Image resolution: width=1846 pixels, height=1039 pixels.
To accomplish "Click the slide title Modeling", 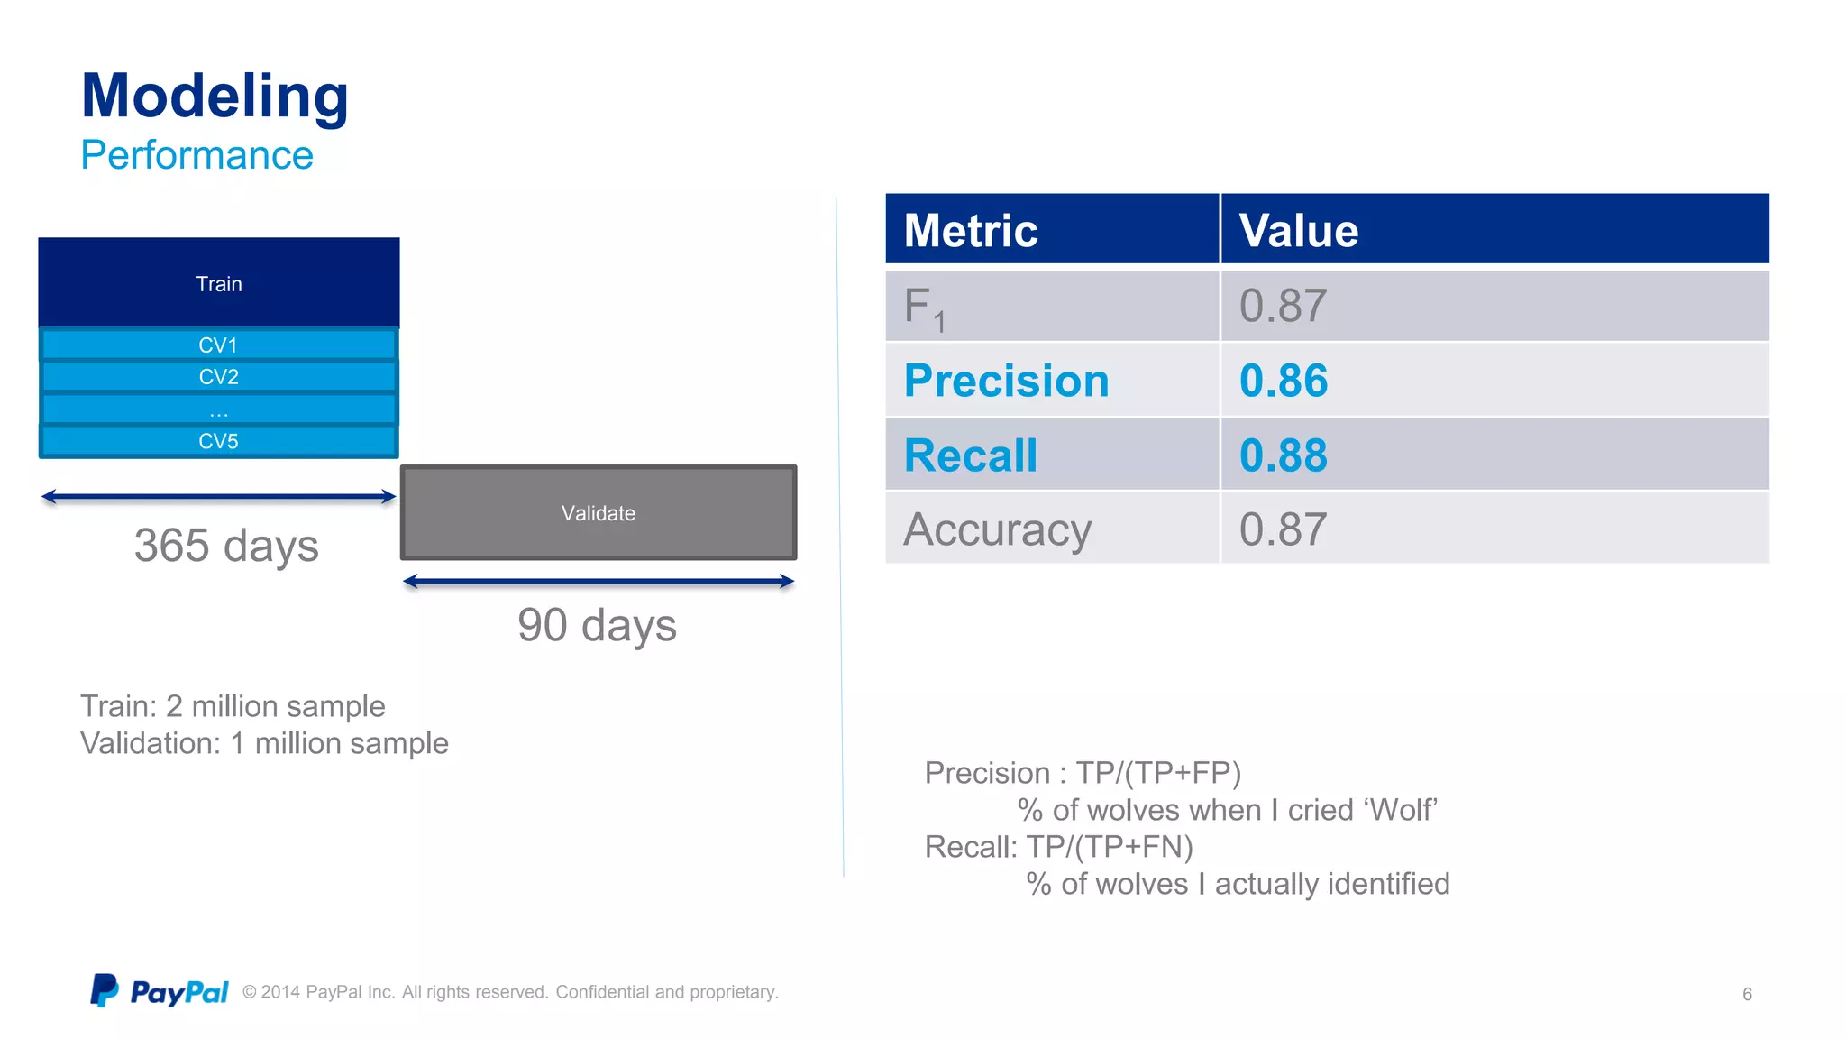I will [x=215, y=96].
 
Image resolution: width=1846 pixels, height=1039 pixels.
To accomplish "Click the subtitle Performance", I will [x=196, y=155].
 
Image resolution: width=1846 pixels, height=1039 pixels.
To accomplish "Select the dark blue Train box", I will [x=219, y=283].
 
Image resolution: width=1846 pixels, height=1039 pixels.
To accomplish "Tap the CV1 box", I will [x=219, y=345].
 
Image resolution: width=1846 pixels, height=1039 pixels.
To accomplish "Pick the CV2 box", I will [x=219, y=377].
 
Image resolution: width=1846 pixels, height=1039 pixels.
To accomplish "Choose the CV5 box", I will [x=219, y=441].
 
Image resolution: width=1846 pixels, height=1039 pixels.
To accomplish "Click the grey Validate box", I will [x=599, y=513].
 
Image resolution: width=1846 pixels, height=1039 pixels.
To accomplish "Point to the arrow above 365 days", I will [x=219, y=496].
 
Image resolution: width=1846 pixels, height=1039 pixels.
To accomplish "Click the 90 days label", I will [x=597, y=625].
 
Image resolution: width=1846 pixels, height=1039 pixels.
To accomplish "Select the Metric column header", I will [x=971, y=230].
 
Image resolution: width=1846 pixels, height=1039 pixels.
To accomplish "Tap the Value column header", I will [x=1298, y=230].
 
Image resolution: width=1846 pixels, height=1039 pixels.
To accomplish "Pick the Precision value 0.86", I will [x=1284, y=381].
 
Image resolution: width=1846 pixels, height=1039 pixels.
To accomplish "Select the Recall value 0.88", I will [x=1284, y=455].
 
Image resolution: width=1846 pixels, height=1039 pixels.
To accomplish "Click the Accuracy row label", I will [x=997, y=529].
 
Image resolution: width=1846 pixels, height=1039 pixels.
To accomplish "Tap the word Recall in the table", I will [x=971, y=455].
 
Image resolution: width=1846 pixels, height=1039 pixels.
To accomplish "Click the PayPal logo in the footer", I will [x=160, y=991].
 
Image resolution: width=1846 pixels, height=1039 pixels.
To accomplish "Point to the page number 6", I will [x=1747, y=994].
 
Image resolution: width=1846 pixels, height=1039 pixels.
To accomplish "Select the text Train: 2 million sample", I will [x=233, y=706].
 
